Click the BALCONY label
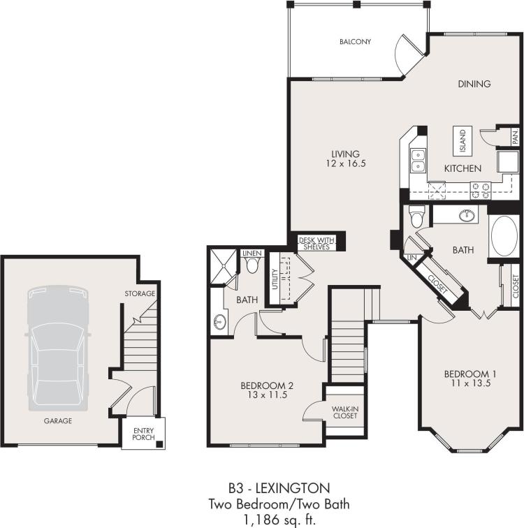pos(355,42)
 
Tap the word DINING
pos(474,84)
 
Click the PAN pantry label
pos(514,138)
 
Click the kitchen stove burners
pos(480,186)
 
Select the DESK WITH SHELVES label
pos(317,242)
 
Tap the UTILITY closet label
pos(275,277)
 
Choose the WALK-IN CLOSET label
pos(344,411)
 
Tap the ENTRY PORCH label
pos(143,435)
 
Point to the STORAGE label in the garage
pos(140,293)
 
